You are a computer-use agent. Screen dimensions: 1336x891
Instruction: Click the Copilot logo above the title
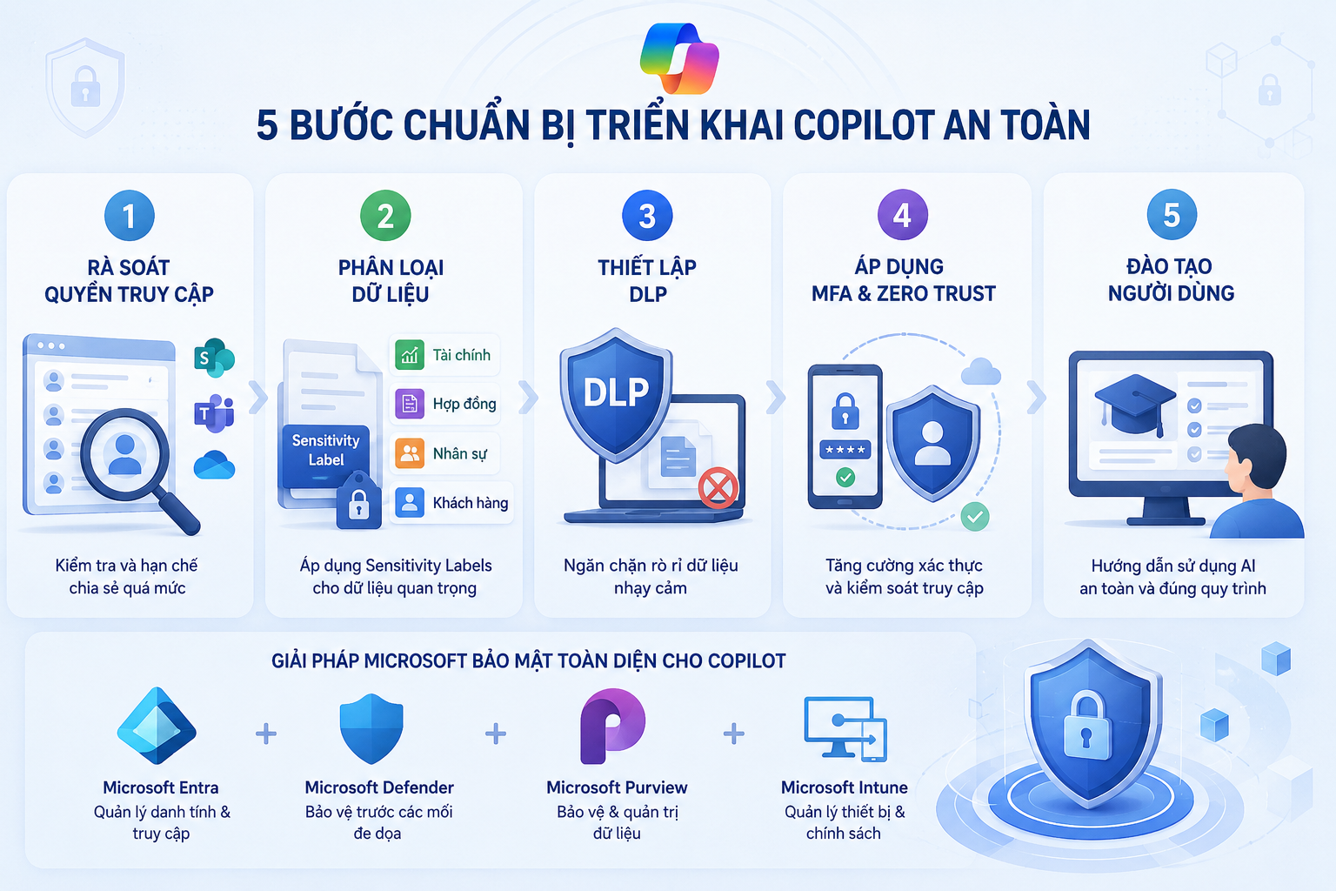tap(679, 58)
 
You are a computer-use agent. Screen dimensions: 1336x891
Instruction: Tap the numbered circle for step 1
tap(130, 216)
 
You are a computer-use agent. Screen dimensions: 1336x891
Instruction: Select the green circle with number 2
tap(385, 216)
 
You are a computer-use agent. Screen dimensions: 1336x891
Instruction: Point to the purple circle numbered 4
tap(902, 215)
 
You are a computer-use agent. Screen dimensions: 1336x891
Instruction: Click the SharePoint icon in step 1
tap(214, 358)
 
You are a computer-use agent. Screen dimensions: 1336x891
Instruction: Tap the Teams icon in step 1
tap(214, 412)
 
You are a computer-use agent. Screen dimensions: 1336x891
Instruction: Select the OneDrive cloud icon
tap(214, 465)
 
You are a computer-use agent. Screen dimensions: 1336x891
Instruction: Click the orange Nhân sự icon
tap(410, 453)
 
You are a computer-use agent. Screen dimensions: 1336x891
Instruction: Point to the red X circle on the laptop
tap(718, 487)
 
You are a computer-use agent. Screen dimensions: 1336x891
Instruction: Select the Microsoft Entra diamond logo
tap(157, 726)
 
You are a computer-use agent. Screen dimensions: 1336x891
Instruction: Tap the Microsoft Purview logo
tap(612, 726)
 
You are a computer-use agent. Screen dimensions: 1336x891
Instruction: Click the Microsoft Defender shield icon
tap(371, 728)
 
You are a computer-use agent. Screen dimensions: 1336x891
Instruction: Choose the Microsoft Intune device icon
tap(845, 729)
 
